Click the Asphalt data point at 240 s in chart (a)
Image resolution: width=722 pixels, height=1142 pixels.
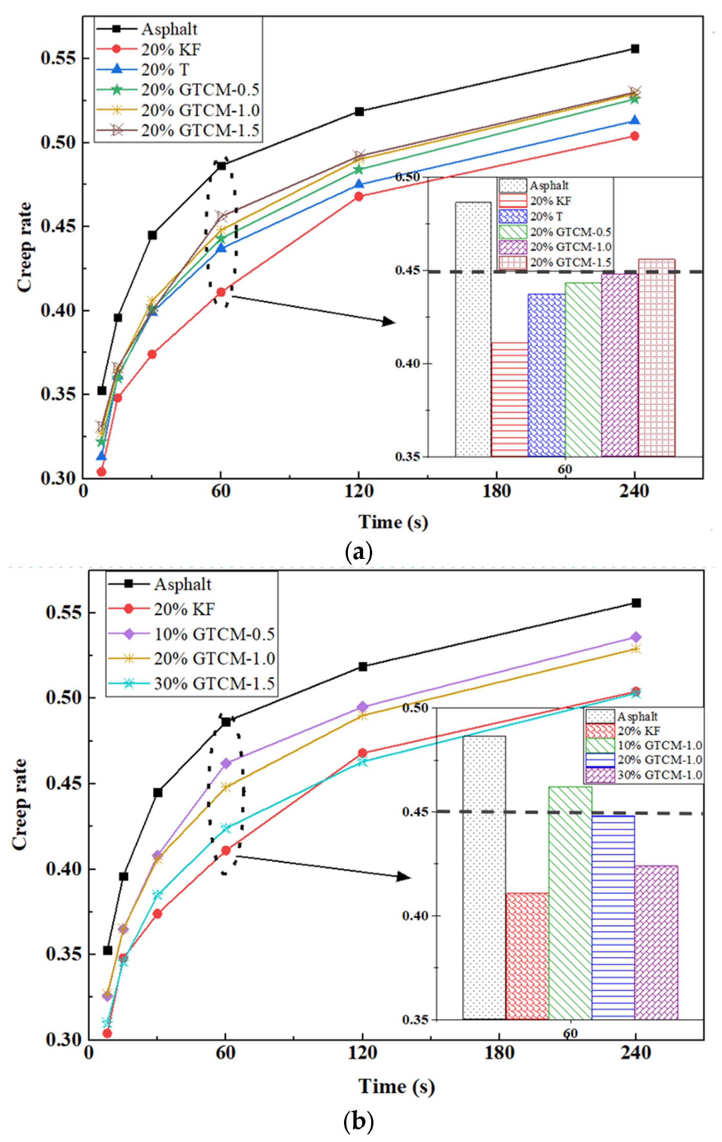point(635,49)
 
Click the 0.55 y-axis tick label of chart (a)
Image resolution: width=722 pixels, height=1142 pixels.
point(58,58)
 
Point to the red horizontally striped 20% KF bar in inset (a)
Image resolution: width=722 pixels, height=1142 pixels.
point(510,399)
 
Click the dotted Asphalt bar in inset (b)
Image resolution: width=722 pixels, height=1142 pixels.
point(484,877)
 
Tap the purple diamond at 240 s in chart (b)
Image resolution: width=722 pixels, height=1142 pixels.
point(636,637)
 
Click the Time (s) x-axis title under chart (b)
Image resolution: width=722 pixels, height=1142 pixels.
point(396,1086)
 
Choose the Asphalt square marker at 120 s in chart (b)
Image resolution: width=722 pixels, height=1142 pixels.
point(363,667)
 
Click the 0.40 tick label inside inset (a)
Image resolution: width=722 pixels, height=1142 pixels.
point(407,364)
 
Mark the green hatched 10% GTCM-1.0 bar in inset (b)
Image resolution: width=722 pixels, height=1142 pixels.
point(570,904)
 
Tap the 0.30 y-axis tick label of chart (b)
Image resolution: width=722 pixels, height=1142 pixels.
point(64,1040)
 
